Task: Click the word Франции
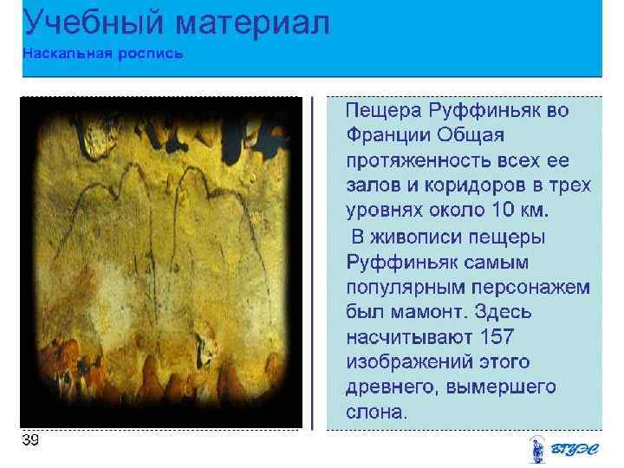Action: click(x=385, y=136)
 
